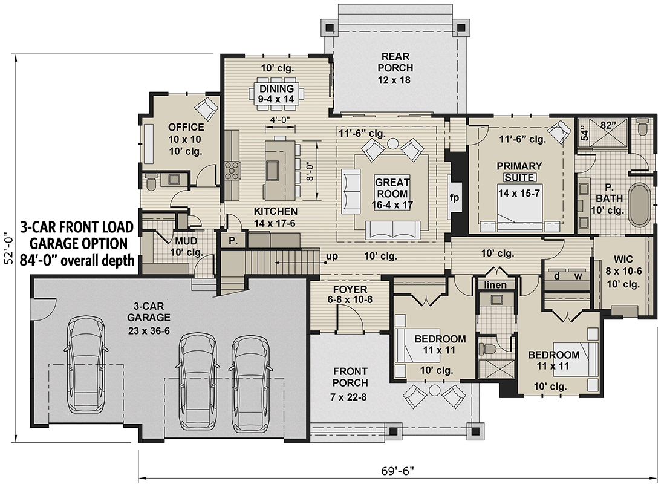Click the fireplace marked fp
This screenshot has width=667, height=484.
click(454, 197)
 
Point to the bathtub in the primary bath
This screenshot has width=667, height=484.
click(639, 205)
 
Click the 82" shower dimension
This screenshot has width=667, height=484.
click(607, 125)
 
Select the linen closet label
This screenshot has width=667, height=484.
click(496, 285)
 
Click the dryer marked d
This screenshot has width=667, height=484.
click(556, 276)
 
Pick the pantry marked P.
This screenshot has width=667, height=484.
click(232, 240)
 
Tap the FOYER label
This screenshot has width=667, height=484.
click(350, 289)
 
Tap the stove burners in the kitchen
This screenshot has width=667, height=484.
click(231, 171)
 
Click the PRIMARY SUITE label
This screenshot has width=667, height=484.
click(519, 171)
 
